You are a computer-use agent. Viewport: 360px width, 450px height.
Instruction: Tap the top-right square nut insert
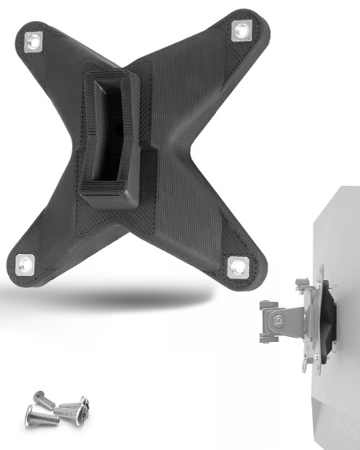click(240, 30)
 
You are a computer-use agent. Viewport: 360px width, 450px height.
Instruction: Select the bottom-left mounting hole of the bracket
click(25, 264)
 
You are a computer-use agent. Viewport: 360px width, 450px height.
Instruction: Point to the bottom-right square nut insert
click(238, 267)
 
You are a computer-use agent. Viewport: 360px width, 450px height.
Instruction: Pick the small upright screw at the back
click(41, 397)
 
